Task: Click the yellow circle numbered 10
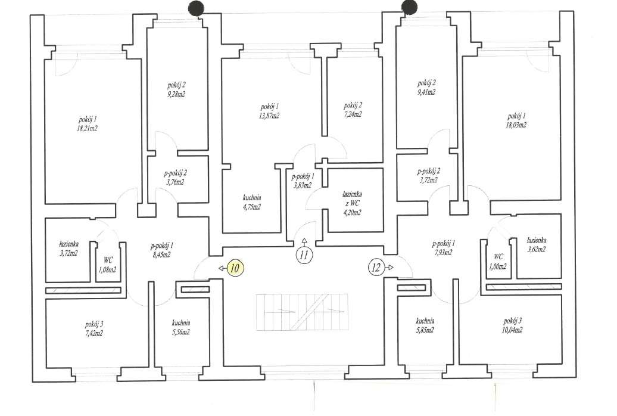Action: coord(235,268)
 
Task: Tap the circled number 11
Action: coord(304,254)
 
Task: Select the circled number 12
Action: coord(376,268)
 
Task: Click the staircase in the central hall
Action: coord(302,312)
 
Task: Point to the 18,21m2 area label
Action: coord(88,128)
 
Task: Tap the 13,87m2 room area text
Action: coord(269,116)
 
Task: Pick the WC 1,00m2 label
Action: coord(497,262)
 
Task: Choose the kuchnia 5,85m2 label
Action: coord(425,326)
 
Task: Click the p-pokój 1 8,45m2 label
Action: coord(161,250)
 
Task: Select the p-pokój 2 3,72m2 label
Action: coord(428,175)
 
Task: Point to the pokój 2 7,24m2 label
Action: coord(353,110)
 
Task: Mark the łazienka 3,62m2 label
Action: coord(537,244)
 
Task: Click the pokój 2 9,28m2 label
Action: coord(176,89)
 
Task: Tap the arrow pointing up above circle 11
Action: coord(304,242)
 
